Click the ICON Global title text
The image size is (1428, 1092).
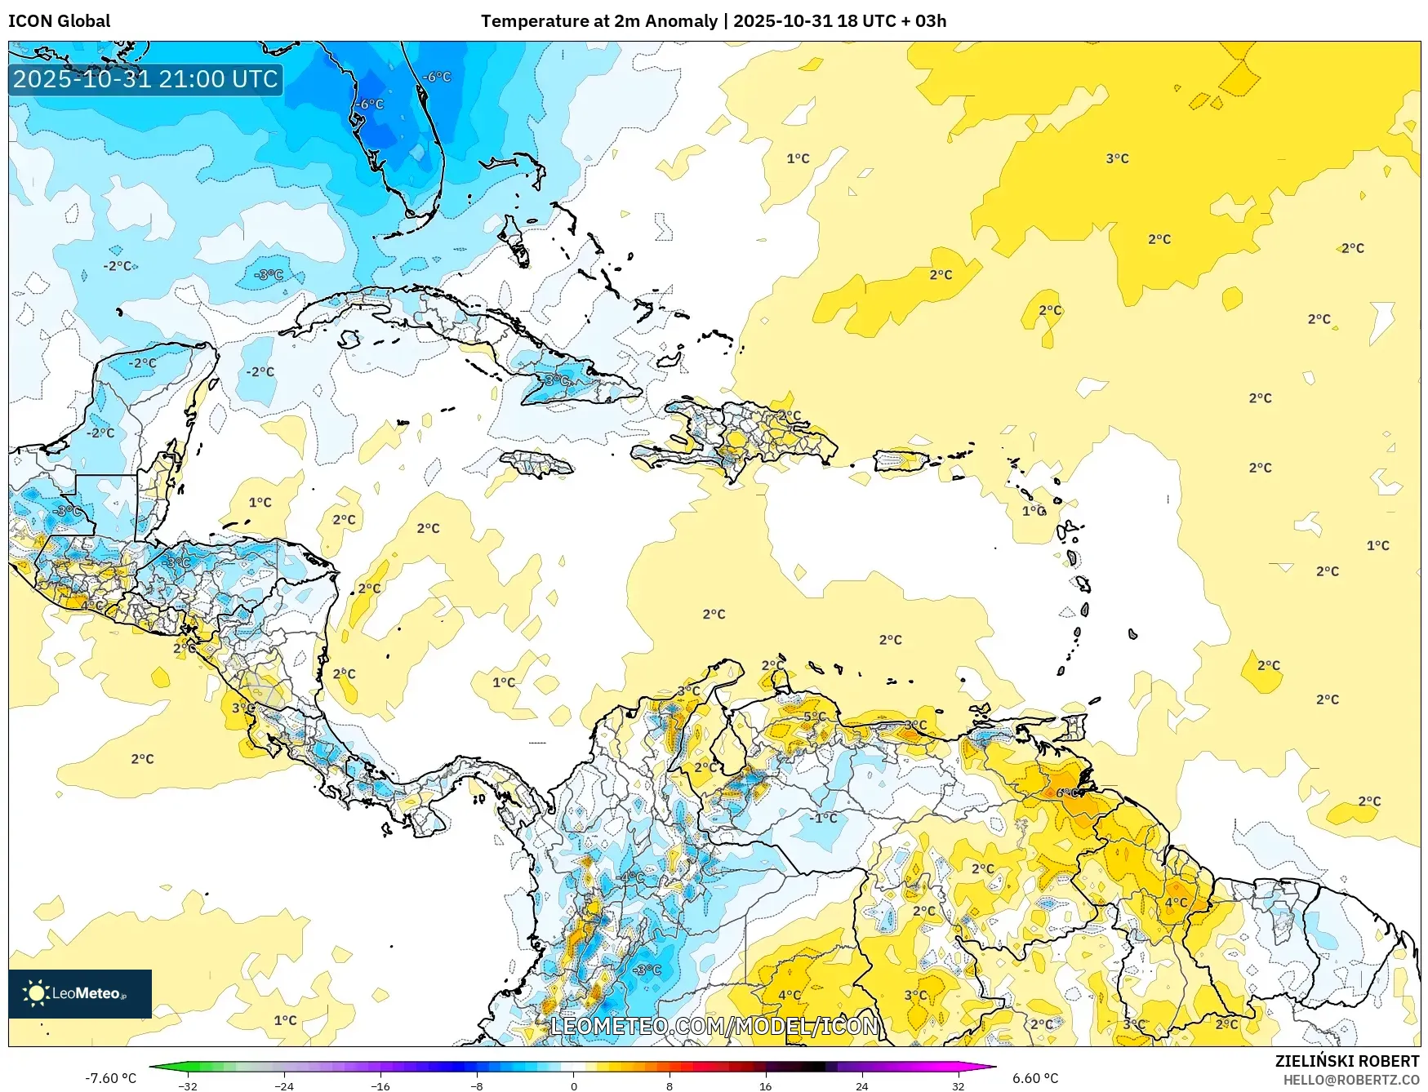click(60, 20)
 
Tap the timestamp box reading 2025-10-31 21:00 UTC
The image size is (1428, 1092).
click(145, 79)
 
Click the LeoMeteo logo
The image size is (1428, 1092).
click(79, 993)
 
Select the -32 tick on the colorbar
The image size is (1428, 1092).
click(188, 1085)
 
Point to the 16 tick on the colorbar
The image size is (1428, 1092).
click(765, 1085)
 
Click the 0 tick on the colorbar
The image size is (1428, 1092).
click(573, 1085)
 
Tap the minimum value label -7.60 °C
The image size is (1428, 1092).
click(110, 1078)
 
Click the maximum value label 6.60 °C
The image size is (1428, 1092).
click(1035, 1078)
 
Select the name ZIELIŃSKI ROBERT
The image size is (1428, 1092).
click(1347, 1061)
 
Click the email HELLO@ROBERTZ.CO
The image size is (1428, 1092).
click(1351, 1080)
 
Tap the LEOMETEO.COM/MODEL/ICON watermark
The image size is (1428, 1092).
click(714, 1026)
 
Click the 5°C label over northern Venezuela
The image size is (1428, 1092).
click(815, 717)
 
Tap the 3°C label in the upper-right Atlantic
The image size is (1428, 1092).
click(1117, 158)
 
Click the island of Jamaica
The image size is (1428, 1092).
click(536, 465)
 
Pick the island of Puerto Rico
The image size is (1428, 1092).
click(901, 461)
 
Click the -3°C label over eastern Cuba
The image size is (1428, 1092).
click(556, 381)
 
